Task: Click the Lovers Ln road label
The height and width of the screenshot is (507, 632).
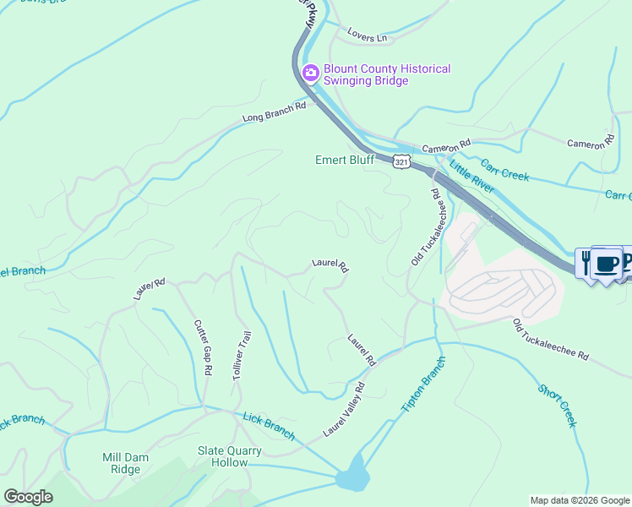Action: point(367,38)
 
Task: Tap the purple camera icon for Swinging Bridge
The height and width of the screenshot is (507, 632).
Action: point(310,74)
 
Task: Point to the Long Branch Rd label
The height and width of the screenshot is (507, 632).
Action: point(274,112)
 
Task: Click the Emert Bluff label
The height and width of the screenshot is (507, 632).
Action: point(344,159)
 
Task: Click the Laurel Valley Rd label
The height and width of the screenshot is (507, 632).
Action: point(344,410)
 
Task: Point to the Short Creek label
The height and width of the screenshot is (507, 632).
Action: point(558,406)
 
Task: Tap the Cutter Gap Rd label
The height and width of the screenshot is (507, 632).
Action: point(203,346)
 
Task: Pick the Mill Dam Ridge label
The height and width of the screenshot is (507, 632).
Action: point(121,463)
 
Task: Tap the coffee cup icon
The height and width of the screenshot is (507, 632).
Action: point(605,263)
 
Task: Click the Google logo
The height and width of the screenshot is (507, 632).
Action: point(28,497)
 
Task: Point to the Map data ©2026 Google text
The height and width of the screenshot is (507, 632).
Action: point(579,500)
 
